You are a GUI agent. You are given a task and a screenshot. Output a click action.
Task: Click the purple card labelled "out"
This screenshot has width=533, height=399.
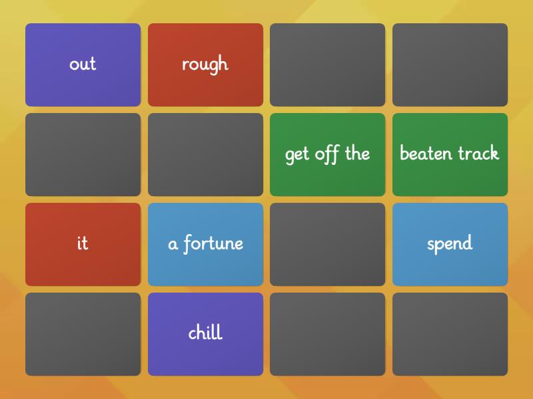click(83, 65)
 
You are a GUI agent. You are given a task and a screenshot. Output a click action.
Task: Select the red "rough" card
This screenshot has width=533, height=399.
click(205, 65)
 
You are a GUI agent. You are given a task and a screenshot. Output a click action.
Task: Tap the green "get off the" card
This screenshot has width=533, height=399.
click(327, 154)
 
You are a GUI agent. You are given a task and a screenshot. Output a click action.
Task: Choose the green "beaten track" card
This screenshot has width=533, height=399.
click(450, 154)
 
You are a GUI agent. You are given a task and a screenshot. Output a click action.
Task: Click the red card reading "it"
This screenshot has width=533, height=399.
click(83, 244)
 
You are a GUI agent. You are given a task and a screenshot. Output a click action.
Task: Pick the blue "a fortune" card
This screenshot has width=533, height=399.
click(205, 244)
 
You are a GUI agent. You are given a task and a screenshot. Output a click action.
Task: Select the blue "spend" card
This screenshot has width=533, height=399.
click(450, 244)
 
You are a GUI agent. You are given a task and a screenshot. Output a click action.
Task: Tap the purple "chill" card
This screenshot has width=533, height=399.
click(205, 334)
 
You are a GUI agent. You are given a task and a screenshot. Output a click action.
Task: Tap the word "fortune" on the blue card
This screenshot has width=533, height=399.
click(213, 243)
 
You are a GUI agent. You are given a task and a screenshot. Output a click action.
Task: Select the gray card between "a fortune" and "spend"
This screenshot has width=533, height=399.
click(327, 244)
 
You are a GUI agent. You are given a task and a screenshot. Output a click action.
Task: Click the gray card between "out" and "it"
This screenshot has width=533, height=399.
click(83, 154)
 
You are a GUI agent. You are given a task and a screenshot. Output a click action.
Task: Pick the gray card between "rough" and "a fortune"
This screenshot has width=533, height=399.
click(205, 154)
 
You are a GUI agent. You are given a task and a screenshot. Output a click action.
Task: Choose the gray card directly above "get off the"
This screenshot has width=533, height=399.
click(327, 65)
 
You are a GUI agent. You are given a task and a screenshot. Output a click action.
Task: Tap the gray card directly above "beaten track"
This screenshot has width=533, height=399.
click(450, 65)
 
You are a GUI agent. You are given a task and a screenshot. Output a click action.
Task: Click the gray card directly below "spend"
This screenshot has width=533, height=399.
click(450, 334)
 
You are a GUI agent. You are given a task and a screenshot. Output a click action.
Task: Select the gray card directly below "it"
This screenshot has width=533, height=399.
click(83, 334)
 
